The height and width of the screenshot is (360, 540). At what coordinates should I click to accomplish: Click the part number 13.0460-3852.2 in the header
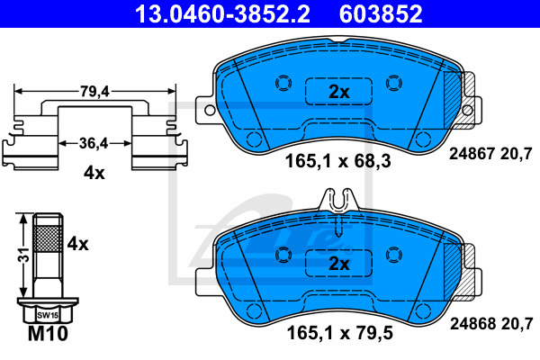222,13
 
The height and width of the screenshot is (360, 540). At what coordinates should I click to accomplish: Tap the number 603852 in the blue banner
381,13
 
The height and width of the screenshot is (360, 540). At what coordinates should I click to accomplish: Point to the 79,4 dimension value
94,92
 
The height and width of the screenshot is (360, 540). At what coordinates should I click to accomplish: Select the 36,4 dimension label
94,143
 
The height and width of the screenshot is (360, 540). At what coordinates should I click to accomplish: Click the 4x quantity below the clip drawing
94,173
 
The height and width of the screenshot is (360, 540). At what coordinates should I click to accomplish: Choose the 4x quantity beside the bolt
77,244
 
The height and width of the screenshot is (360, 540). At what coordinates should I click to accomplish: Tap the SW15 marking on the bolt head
48,315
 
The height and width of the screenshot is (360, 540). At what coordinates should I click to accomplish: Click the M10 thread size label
48,334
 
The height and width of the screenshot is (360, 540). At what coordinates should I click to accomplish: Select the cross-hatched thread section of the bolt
48,238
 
